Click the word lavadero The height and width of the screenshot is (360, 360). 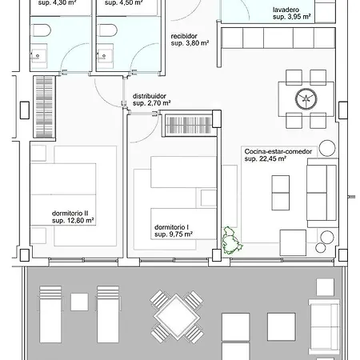pos(286,10)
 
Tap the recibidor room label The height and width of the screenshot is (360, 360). pos(186,36)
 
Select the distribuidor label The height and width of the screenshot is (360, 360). pos(150,95)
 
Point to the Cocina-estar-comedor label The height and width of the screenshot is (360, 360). pos(277,150)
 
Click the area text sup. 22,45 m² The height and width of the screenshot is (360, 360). pos(266,159)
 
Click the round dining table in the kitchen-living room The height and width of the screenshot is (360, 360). pos(306,99)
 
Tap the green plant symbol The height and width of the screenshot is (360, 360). pos(231,240)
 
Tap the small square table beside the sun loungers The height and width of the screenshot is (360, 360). pos(78,302)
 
